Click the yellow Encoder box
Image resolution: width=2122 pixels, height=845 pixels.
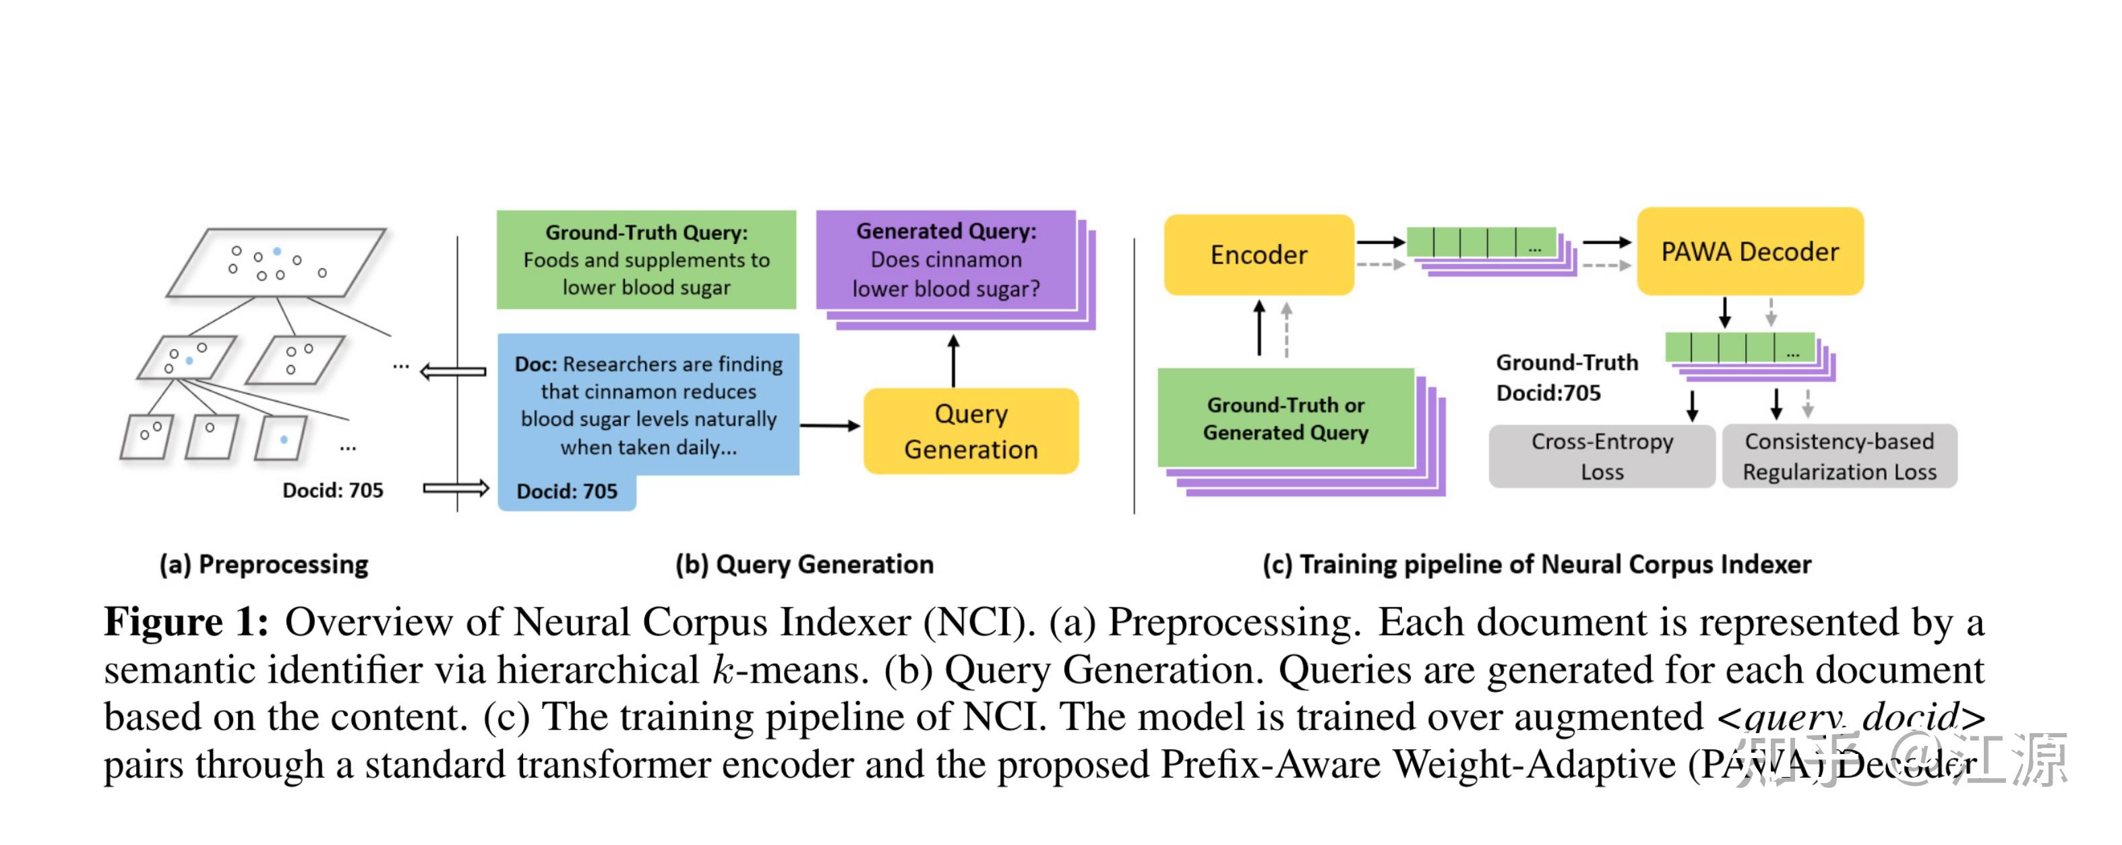click(1258, 255)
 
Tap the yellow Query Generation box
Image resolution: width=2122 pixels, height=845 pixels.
click(971, 431)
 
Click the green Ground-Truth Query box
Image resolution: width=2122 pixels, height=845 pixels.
click(646, 259)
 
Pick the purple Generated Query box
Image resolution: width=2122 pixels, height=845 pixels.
click(946, 260)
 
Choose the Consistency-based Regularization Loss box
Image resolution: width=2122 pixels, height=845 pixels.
click(1839, 456)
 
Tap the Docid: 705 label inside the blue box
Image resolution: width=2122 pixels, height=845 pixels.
click(567, 492)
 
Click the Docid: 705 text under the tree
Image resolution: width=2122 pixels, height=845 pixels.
click(333, 491)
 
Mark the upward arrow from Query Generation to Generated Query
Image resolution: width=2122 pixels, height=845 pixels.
click(953, 360)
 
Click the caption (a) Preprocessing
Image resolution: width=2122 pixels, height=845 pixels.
click(264, 564)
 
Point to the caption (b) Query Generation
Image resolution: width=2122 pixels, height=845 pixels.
click(804, 564)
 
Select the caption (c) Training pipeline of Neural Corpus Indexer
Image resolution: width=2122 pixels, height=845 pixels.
click(1536, 564)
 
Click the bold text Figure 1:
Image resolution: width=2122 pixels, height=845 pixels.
click(186, 622)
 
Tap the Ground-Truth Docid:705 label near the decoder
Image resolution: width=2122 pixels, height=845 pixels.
click(1565, 377)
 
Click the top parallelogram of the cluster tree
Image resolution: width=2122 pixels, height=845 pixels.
click(276, 262)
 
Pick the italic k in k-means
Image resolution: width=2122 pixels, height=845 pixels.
click(723, 670)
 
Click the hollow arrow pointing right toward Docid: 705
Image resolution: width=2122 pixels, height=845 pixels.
click(456, 489)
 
